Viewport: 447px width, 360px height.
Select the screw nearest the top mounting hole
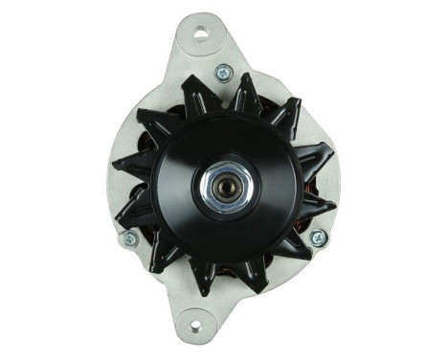click(x=223, y=72)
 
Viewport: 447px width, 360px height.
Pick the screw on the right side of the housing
click(x=318, y=237)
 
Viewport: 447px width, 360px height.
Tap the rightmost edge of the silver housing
click(x=340, y=182)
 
